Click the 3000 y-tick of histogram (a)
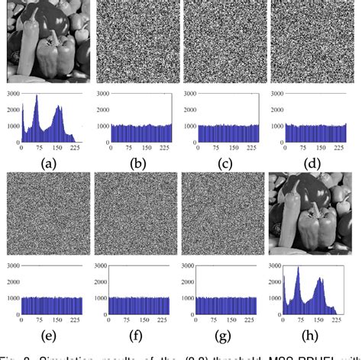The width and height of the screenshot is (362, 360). click(x=11, y=95)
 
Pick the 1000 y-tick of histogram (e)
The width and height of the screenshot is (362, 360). click(x=11, y=299)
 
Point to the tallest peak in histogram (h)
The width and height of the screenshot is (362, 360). click(x=299, y=268)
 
